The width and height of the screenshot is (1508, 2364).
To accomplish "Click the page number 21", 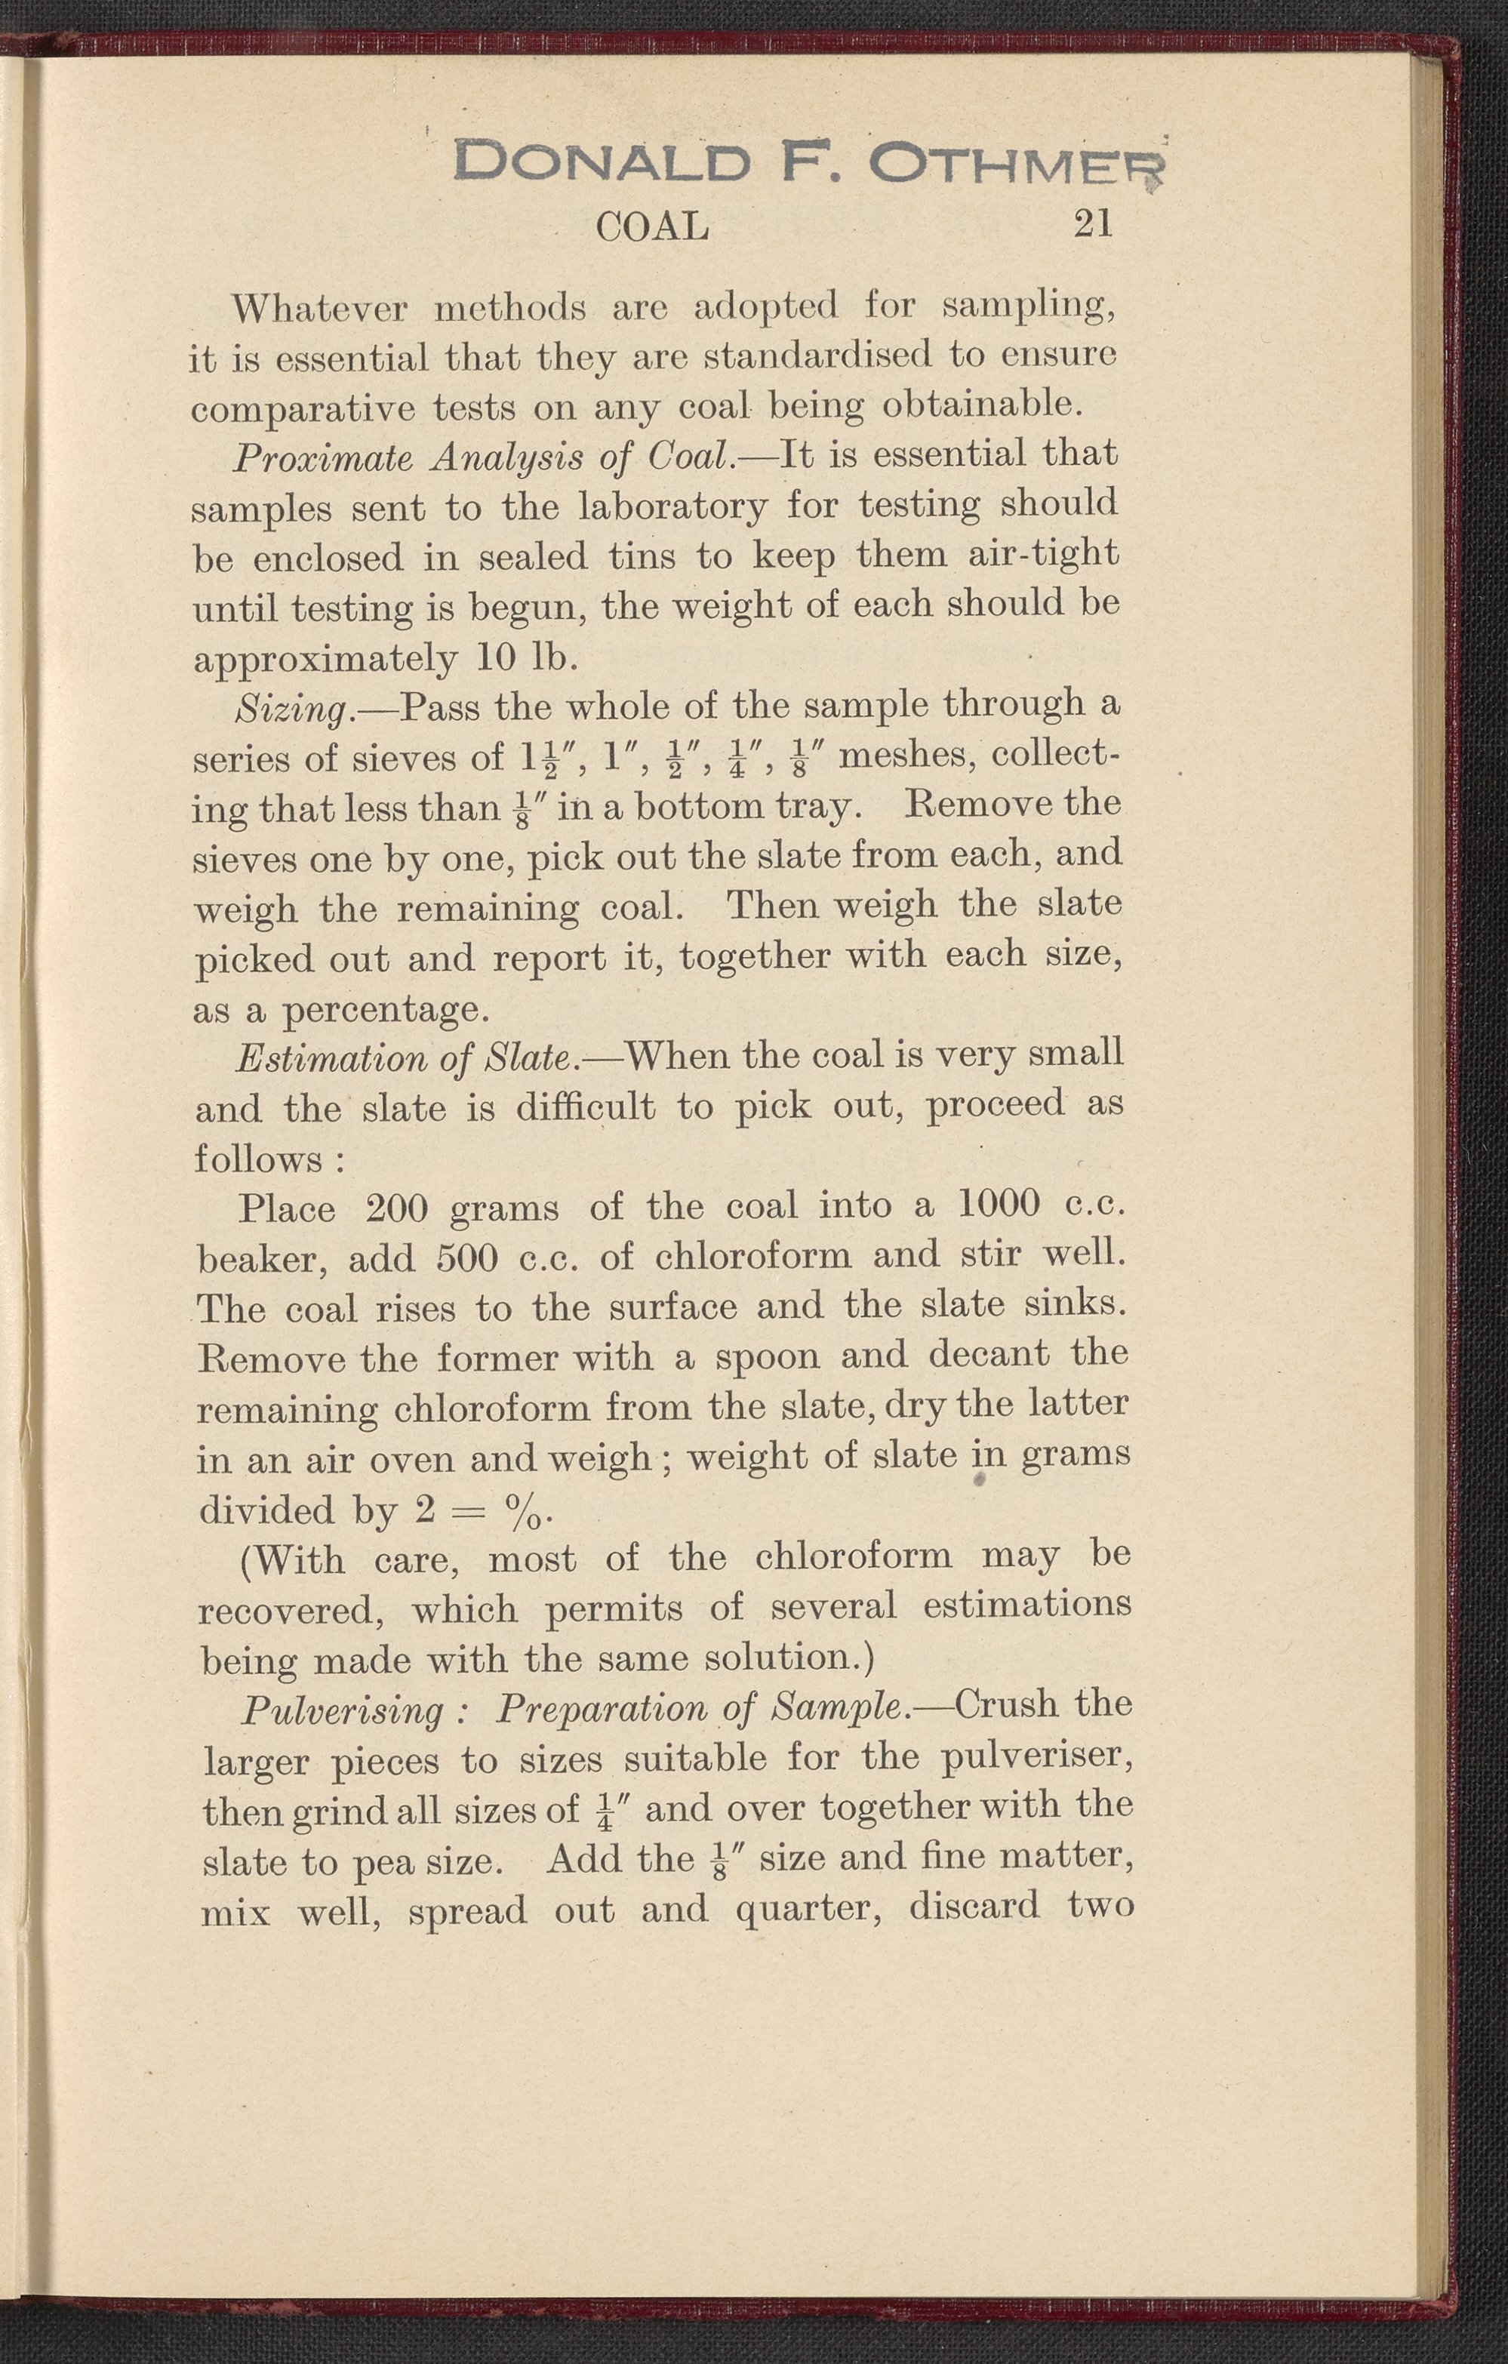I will (1094, 224).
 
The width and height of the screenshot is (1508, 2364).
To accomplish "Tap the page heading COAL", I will (652, 226).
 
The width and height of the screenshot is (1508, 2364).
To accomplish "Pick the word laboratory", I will (672, 506).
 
